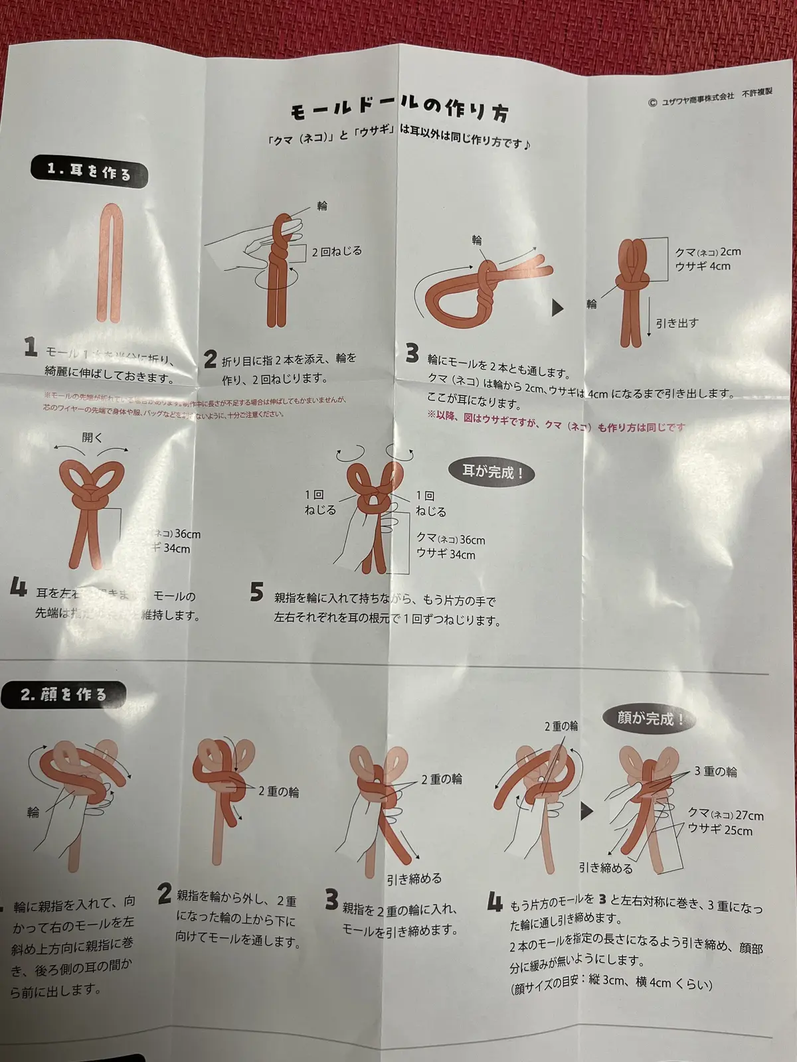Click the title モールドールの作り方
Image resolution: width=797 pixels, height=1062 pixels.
tap(400, 110)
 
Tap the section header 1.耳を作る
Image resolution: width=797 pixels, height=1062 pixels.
tap(90, 172)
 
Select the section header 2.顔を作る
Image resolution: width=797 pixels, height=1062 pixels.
tap(64, 694)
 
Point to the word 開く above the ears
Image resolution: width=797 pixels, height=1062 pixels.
tap(92, 437)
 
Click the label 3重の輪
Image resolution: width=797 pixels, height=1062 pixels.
tap(716, 772)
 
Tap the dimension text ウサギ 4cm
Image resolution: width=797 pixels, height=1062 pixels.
tap(703, 266)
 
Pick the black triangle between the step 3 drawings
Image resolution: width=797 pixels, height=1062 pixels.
tap(557, 308)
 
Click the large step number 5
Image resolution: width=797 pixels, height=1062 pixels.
tap(257, 592)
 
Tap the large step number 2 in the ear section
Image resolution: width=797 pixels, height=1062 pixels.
tap(211, 360)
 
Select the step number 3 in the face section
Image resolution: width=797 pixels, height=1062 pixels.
tap(331, 900)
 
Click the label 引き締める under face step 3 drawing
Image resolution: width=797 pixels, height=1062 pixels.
tap(414, 879)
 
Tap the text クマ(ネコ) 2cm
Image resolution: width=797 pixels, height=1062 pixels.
tap(707, 252)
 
